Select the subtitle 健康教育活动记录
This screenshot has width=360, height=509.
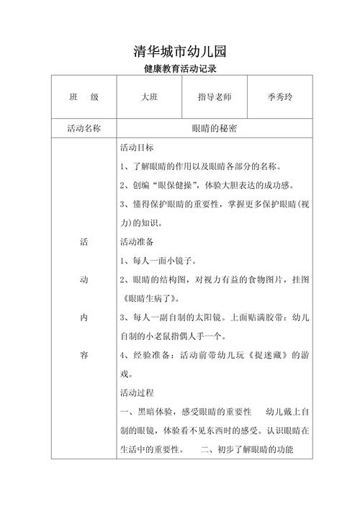point(180,71)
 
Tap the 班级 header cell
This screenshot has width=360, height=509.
point(84,97)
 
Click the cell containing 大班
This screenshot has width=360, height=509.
point(150,97)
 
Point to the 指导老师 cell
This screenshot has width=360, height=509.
point(215,97)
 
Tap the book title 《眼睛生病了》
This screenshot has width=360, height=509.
point(150,298)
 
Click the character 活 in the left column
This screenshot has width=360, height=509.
point(84,243)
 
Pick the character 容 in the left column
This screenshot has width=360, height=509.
point(84,355)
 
